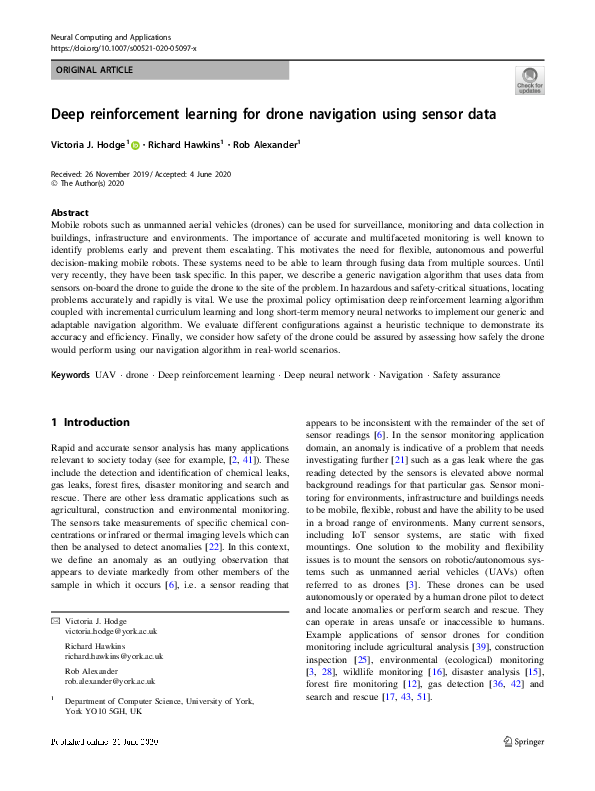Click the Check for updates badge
pyautogui.click(x=529, y=79)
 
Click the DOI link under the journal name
pyautogui.click(x=123, y=47)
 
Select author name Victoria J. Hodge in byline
pyautogui.click(x=90, y=145)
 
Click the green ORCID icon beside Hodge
pyautogui.click(x=136, y=146)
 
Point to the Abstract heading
pyautogui.click(x=69, y=213)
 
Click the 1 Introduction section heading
pyautogui.click(x=90, y=422)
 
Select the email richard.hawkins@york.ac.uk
pyautogui.click(x=113, y=657)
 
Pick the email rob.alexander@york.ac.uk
pyautogui.click(x=107, y=681)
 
